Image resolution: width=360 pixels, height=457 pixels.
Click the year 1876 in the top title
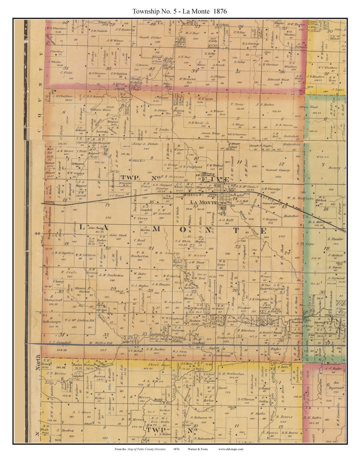pyautogui.click(x=219, y=11)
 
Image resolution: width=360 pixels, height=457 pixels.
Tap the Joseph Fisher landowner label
pyautogui.click(x=150, y=37)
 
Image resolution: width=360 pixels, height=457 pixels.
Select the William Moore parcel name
pyautogui.click(x=100, y=109)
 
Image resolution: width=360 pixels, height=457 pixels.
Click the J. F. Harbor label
pyautogui.click(x=265, y=104)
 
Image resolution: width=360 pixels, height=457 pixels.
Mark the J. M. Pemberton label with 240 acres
pyautogui.click(x=111, y=275)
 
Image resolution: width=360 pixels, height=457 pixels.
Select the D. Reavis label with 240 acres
pyautogui.click(x=284, y=417)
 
